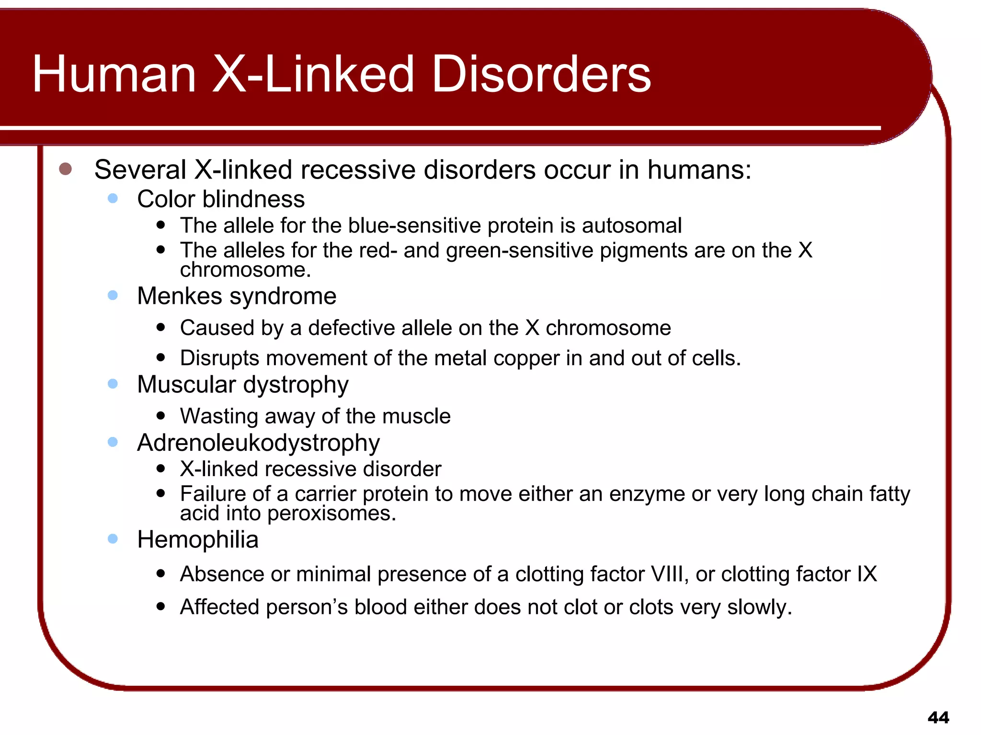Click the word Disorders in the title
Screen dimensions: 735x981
541,74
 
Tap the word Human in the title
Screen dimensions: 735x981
114,74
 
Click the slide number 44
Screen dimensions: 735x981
938,717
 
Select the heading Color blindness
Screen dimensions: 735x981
221,199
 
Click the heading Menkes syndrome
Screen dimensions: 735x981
237,296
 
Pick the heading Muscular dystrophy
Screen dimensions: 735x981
243,385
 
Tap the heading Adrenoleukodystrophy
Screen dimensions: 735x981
258,443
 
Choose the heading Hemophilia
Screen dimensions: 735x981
197,540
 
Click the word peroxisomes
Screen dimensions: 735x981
331,513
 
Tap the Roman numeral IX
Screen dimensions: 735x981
867,574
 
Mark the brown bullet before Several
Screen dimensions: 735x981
65,169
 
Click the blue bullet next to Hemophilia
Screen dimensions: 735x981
113,539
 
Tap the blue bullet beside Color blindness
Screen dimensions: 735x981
113,198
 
